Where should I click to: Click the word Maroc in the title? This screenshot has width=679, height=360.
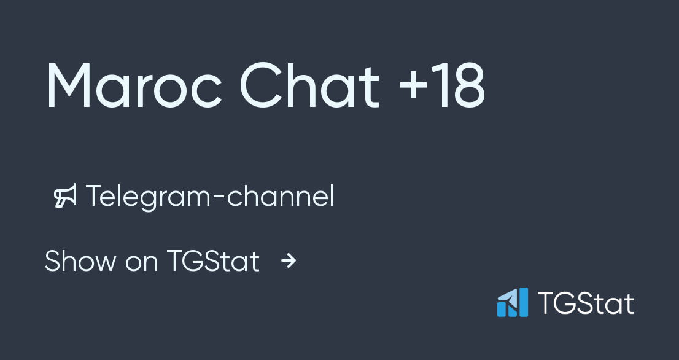point(133,87)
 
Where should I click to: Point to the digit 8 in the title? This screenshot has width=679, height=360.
point(467,87)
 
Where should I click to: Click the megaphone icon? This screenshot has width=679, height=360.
point(65,197)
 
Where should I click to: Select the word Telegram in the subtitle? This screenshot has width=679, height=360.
point(151,197)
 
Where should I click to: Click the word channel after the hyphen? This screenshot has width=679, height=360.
point(281,197)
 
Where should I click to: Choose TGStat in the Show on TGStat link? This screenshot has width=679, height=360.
point(212,261)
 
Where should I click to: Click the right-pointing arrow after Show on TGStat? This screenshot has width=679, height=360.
point(289,262)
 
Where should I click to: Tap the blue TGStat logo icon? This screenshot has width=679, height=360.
point(513,302)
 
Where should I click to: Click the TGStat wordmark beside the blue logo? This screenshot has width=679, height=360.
point(586,303)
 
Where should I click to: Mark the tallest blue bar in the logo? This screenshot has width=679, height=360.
point(522,302)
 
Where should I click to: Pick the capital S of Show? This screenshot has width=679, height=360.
point(53,261)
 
